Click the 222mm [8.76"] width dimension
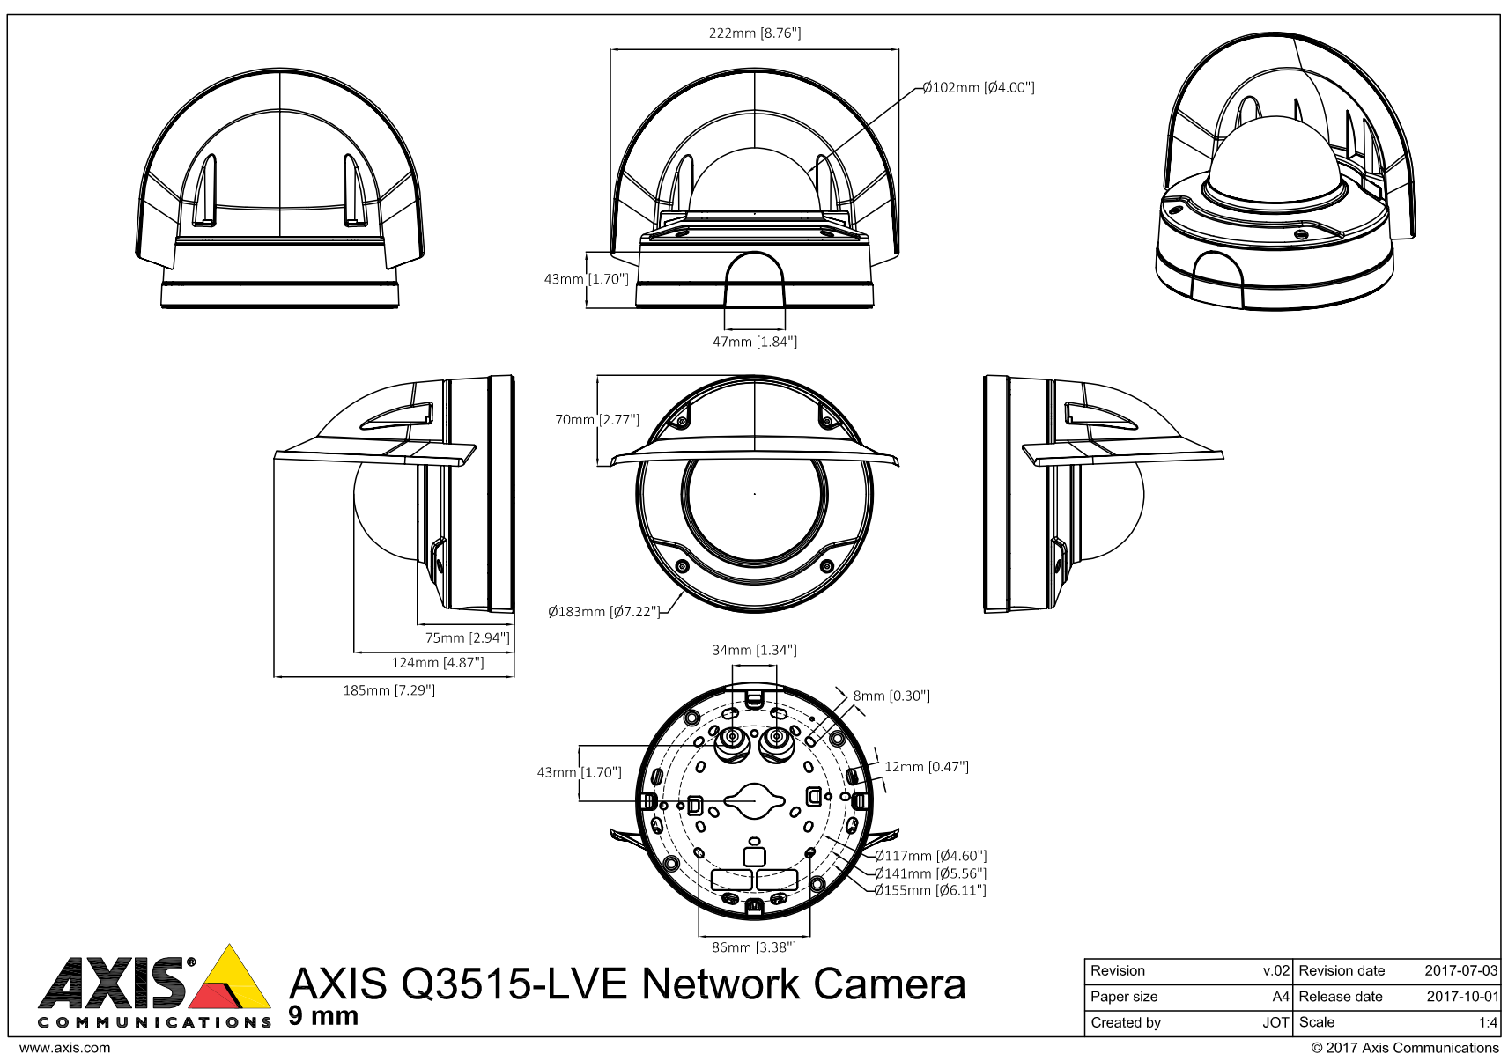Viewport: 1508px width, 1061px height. tap(755, 33)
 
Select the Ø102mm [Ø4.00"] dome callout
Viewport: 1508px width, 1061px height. tap(978, 87)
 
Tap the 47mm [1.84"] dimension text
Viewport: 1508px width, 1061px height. tap(755, 342)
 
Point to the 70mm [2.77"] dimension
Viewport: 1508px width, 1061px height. tap(597, 420)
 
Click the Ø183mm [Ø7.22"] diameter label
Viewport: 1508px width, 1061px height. tap(603, 611)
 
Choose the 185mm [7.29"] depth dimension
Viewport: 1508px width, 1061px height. tap(388, 690)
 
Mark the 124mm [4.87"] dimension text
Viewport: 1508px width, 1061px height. tap(438, 662)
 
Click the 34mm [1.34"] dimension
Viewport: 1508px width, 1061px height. tap(754, 650)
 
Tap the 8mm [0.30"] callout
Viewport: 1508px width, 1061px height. tap(891, 696)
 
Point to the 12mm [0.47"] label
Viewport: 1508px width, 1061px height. tap(926, 767)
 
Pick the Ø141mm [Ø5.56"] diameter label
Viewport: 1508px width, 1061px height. tap(930, 873)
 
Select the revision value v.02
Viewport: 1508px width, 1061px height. tap(1276, 970)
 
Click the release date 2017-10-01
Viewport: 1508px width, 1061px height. tap(1460, 997)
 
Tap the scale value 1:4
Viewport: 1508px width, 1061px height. tap(1488, 1022)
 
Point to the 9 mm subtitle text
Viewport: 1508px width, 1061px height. tap(323, 1016)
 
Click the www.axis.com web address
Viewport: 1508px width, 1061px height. tap(64, 1048)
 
